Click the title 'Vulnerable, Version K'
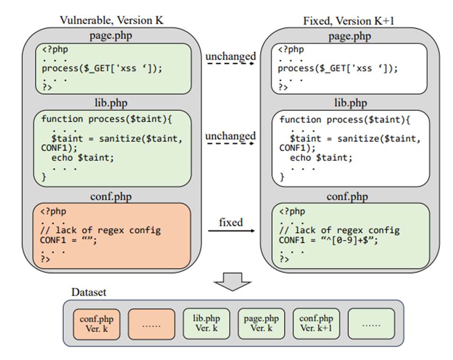click(112, 20)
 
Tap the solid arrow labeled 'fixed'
click(231, 231)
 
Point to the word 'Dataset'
click(89, 292)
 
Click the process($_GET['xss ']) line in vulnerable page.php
click(102, 68)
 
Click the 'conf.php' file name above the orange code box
click(112, 196)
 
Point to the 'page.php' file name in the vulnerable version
click(112, 36)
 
